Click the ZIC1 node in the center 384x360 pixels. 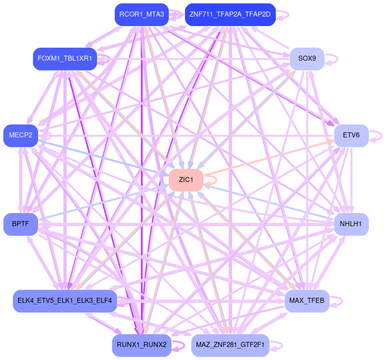tap(186, 180)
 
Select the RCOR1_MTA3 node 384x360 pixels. tap(141, 15)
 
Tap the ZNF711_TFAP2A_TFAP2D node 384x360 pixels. tap(230, 15)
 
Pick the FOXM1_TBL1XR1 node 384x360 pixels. tap(65, 59)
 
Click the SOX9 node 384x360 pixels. tap(307, 59)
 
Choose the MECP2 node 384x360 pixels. tap(20, 135)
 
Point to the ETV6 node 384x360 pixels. tap(351, 135)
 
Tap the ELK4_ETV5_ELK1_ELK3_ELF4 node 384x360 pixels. tap(65, 301)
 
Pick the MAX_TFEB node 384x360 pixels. tap(307, 301)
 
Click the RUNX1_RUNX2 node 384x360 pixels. tap(141, 345)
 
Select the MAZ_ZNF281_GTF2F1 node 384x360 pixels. tap(230, 345)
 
